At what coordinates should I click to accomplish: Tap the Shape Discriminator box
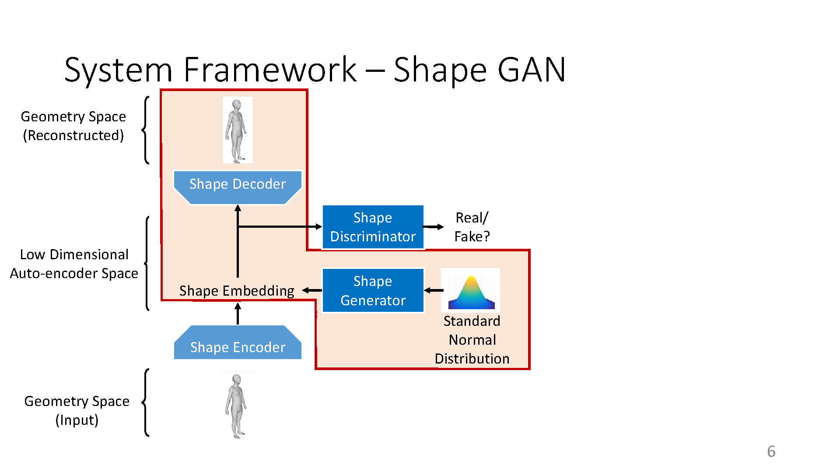pyautogui.click(x=373, y=227)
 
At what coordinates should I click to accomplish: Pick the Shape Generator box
pyautogui.click(x=373, y=290)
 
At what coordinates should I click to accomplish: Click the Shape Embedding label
pyautogui.click(x=237, y=291)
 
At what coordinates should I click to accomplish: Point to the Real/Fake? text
pyautogui.click(x=472, y=227)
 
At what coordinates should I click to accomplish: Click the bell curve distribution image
pyautogui.click(x=471, y=290)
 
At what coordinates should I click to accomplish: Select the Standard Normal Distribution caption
pyautogui.click(x=472, y=340)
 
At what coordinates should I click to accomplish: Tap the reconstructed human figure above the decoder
pyautogui.click(x=238, y=130)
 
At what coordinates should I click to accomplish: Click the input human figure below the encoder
pyautogui.click(x=237, y=406)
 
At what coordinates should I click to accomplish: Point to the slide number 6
pyautogui.click(x=771, y=452)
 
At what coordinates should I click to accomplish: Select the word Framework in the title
pyautogui.click(x=270, y=70)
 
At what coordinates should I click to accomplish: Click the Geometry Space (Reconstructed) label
pyautogui.click(x=73, y=126)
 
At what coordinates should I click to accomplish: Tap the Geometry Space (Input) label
pyautogui.click(x=77, y=410)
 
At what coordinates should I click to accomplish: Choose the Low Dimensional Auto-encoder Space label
pyautogui.click(x=74, y=264)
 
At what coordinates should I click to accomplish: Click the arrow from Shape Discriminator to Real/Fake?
pyautogui.click(x=434, y=227)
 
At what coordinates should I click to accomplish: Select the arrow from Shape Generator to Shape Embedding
pyautogui.click(x=312, y=290)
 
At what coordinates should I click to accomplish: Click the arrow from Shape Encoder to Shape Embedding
pyautogui.click(x=238, y=314)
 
